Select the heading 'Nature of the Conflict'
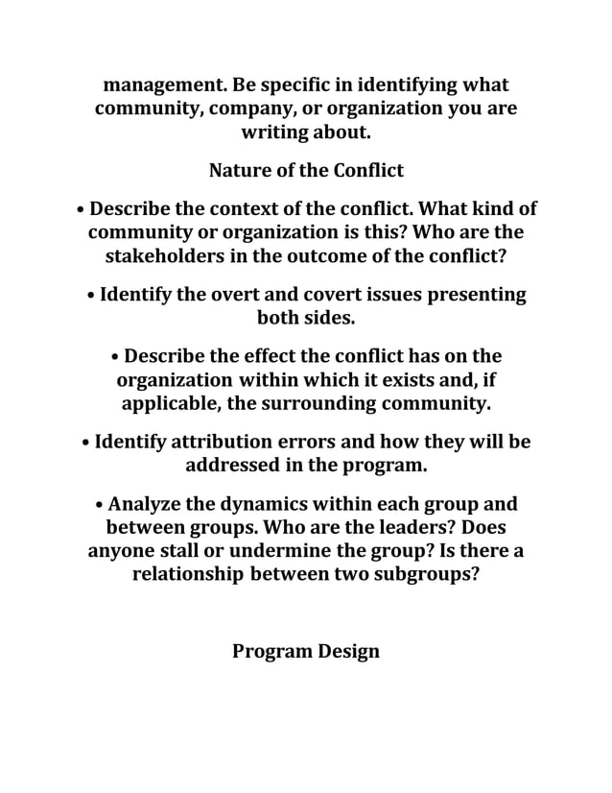pos(306,171)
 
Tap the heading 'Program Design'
pos(306,651)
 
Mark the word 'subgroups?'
pos(427,576)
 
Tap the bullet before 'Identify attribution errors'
pos(86,444)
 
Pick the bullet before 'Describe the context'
pos(81,209)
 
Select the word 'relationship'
pos(188,576)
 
